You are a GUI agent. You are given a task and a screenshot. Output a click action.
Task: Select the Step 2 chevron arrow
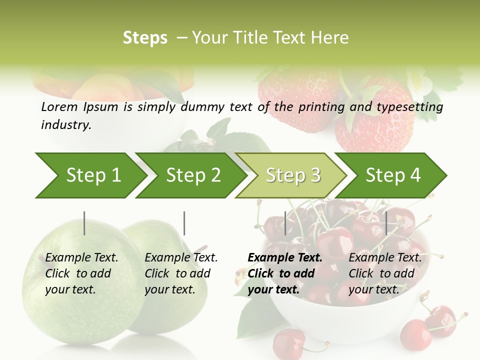[x=192, y=175]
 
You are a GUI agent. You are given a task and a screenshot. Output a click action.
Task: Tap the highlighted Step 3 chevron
[x=292, y=175]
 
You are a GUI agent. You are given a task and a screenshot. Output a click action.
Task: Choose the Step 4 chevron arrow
[x=392, y=175]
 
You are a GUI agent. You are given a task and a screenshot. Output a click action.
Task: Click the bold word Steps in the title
[x=145, y=38]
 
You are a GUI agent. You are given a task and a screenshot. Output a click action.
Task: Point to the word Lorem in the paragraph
[x=59, y=106]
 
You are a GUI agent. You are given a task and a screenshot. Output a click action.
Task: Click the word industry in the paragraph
[x=65, y=124]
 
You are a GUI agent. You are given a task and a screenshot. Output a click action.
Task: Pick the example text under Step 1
[x=81, y=273]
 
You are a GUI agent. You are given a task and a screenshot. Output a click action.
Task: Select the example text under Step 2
[x=181, y=273]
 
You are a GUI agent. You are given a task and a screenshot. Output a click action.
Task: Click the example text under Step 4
[x=385, y=273]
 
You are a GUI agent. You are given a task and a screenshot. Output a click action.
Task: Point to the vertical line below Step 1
[x=84, y=223]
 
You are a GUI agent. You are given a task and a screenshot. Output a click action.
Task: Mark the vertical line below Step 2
[x=184, y=223]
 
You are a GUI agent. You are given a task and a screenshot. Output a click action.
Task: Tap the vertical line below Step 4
[x=386, y=223]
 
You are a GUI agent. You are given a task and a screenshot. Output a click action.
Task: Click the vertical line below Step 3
[x=285, y=223]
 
